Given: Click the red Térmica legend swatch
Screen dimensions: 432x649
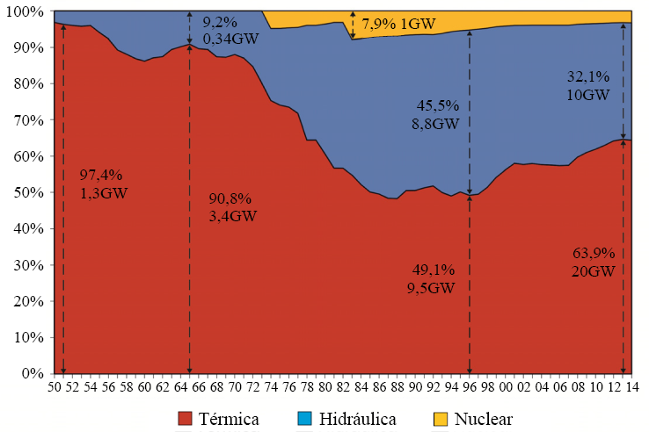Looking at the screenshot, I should [x=186, y=418].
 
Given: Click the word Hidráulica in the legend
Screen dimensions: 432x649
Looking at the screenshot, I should [x=358, y=418].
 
